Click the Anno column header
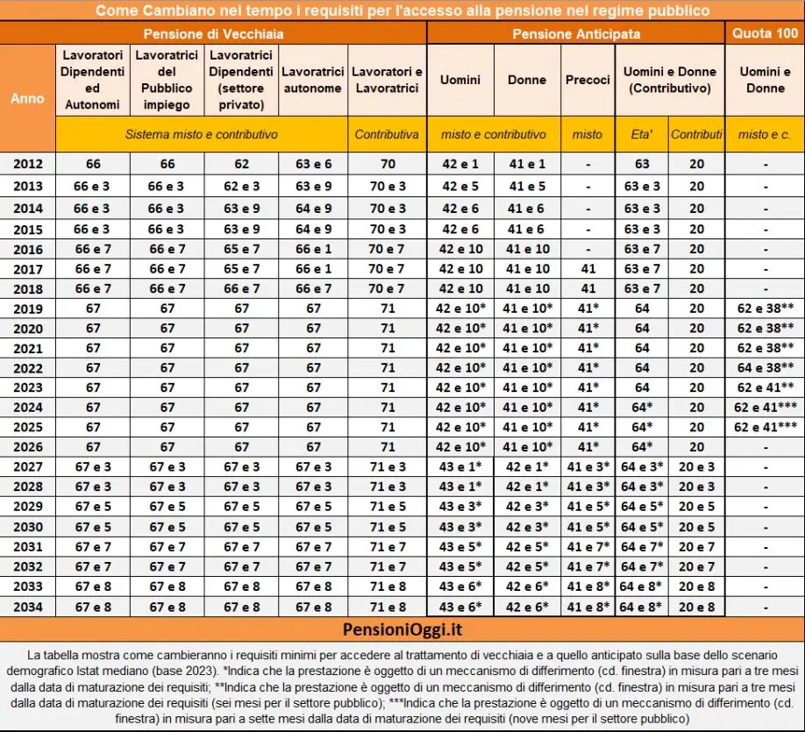click(x=27, y=98)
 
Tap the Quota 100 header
click(x=764, y=33)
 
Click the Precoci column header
click(x=587, y=80)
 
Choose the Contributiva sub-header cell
click(x=387, y=134)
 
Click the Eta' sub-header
click(x=642, y=134)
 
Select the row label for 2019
click(x=27, y=309)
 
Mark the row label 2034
click(x=27, y=607)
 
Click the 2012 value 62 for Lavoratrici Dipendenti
click(x=241, y=164)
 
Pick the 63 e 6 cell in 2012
click(x=314, y=164)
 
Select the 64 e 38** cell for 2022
click(x=765, y=366)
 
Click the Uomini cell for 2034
click(x=460, y=607)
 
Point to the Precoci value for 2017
click(x=587, y=268)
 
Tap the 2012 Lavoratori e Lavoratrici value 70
click(x=387, y=164)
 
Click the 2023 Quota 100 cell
click(x=765, y=387)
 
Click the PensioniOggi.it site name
click(x=402, y=631)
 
